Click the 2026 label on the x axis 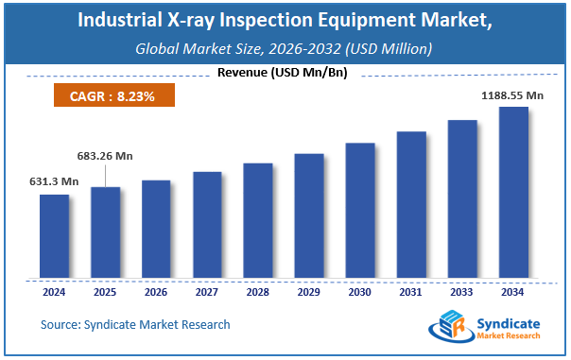(x=156, y=293)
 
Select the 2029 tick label (x=308, y=293)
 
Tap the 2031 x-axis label (x=410, y=293)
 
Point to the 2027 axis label (x=207, y=293)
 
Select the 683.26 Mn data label (x=104, y=155)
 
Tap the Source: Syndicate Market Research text (x=135, y=324)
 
